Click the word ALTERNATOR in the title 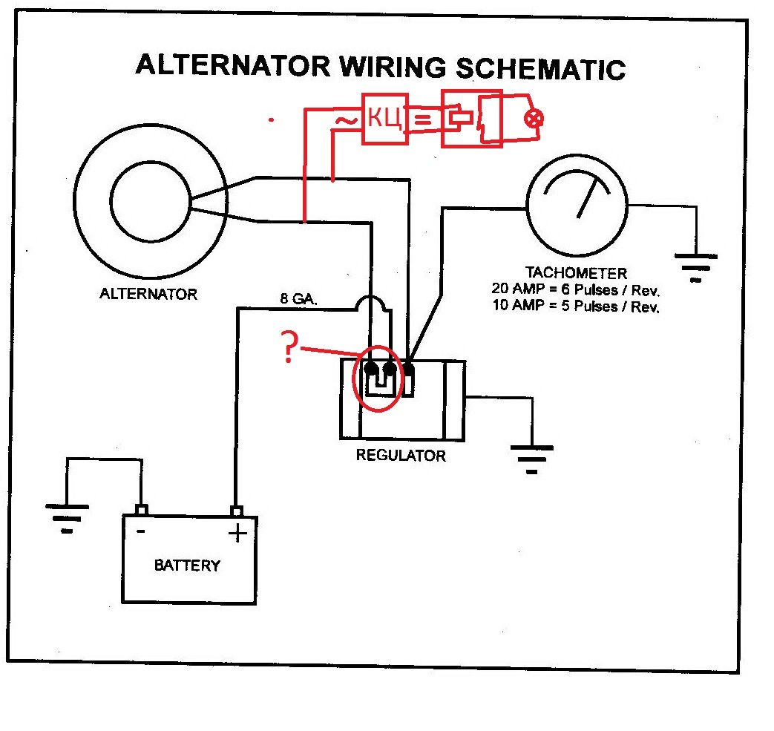(x=233, y=65)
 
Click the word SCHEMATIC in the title (x=539, y=68)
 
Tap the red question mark (x=289, y=347)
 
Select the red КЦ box (x=384, y=119)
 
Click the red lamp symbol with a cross (x=531, y=119)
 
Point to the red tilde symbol (x=344, y=119)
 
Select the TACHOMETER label (x=576, y=272)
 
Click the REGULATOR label (x=401, y=455)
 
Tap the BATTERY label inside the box (x=187, y=566)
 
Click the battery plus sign (x=237, y=532)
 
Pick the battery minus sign (x=140, y=531)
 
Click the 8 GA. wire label (x=298, y=300)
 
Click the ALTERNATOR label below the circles (x=148, y=294)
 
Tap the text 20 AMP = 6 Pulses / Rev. (x=575, y=289)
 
